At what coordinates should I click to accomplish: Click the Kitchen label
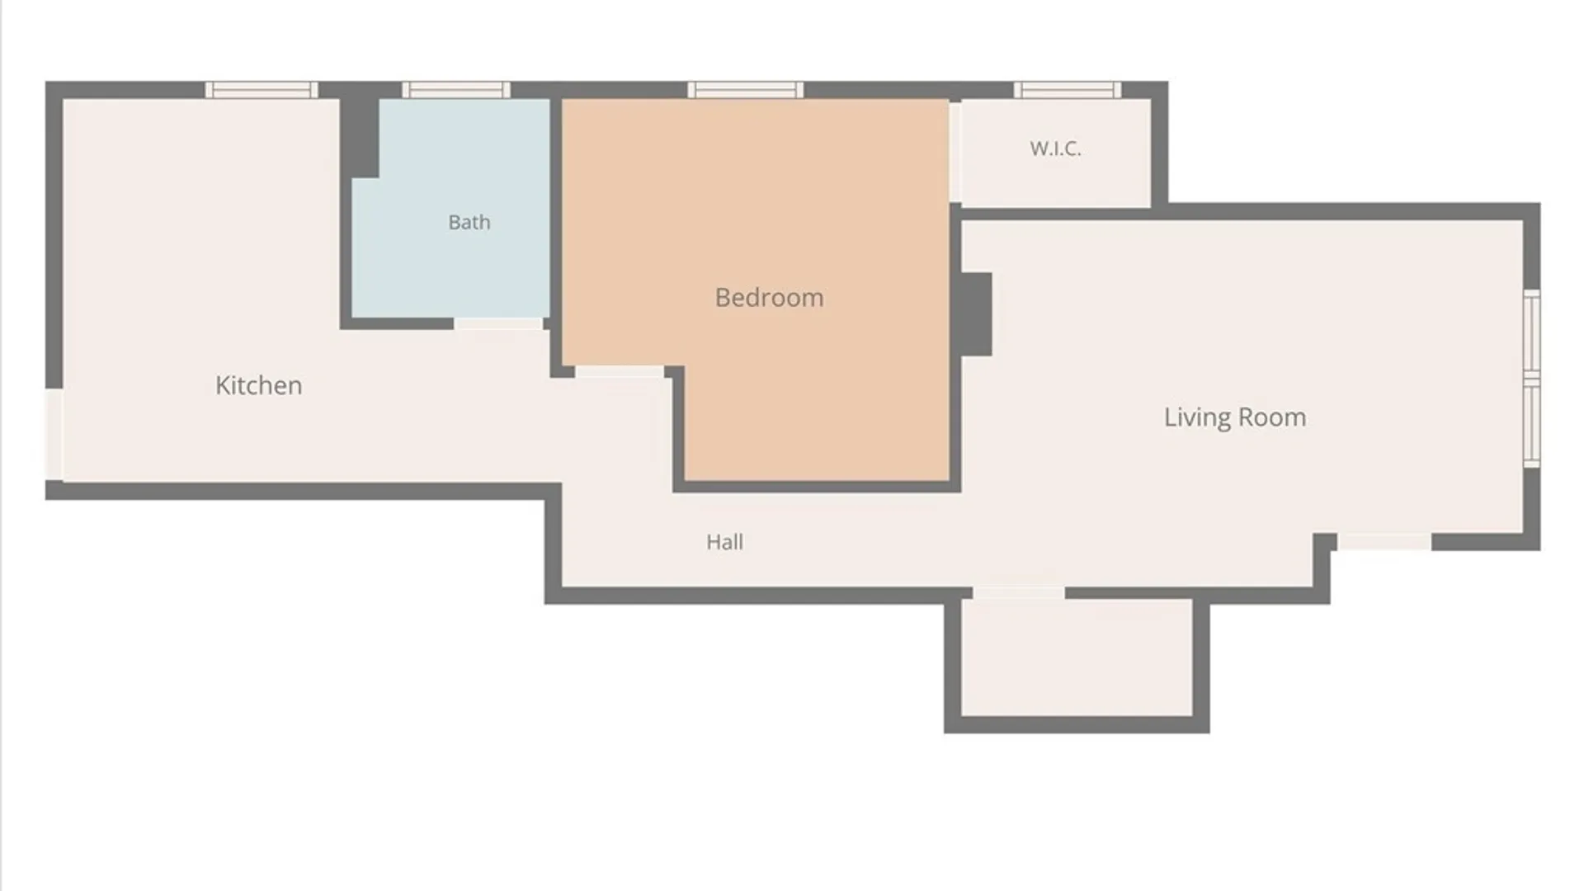[258, 385]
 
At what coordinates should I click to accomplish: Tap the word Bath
[469, 222]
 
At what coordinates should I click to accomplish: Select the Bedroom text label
[769, 297]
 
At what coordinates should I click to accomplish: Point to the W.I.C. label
[1055, 148]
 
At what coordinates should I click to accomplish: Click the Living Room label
[1235, 417]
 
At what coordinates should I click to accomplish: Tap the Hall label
[724, 542]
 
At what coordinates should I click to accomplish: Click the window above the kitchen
[262, 90]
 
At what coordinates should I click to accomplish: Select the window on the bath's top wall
[456, 90]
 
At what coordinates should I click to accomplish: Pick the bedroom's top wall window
[746, 90]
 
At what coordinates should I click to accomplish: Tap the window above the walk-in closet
[1068, 90]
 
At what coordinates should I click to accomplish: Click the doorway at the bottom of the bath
[498, 324]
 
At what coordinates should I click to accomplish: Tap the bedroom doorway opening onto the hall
[620, 372]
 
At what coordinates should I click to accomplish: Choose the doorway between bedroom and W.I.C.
[955, 152]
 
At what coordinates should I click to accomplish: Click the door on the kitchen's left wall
[54, 435]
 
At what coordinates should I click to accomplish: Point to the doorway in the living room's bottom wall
[1384, 542]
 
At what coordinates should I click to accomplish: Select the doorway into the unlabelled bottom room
[1019, 593]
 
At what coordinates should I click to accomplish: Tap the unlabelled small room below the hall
[1077, 658]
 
